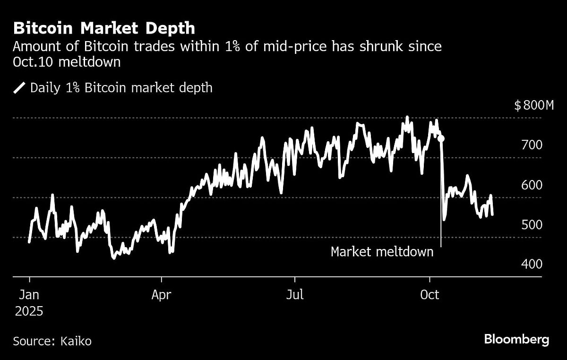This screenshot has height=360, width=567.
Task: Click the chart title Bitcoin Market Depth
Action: (x=104, y=28)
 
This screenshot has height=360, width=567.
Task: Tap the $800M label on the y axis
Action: (x=533, y=105)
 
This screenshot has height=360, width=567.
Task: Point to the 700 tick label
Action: (x=532, y=145)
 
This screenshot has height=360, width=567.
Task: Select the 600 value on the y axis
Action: (x=532, y=185)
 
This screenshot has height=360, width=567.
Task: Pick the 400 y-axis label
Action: (x=532, y=264)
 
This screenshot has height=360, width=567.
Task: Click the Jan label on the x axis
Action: (x=29, y=295)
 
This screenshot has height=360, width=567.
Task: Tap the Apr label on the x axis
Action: (x=162, y=295)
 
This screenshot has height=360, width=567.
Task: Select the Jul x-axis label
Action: (x=295, y=295)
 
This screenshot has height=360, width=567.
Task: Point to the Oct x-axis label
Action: (x=430, y=295)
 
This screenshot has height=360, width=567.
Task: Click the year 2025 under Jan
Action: (x=29, y=312)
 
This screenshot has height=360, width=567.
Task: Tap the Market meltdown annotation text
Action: (x=382, y=252)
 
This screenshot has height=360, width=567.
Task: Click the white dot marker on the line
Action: (x=441, y=138)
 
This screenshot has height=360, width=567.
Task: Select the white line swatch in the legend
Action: (x=20, y=88)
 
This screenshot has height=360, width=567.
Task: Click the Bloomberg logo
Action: (x=516, y=339)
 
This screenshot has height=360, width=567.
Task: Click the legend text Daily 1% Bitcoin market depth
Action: (x=121, y=88)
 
